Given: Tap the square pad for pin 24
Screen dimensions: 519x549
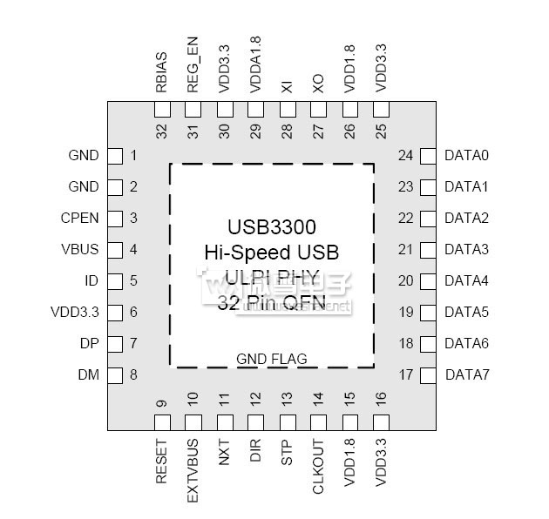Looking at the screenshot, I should [x=428, y=156].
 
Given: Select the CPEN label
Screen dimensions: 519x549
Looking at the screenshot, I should [x=80, y=219].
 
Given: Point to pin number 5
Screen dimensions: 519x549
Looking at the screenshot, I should [x=133, y=281].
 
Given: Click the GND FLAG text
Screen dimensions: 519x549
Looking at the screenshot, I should [x=272, y=359].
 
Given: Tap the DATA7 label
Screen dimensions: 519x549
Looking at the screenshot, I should [x=467, y=375].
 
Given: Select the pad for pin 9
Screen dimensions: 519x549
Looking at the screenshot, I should [x=161, y=423].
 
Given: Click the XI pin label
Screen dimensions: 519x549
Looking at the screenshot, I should [x=287, y=87].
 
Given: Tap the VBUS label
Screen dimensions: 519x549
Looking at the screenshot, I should [x=80, y=250].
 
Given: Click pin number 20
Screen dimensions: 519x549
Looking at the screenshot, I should [x=405, y=281].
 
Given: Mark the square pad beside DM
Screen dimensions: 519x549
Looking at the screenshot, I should [x=114, y=375].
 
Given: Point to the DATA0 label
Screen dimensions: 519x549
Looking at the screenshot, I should [x=467, y=156].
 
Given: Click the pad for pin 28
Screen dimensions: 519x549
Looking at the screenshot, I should [x=287, y=110].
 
